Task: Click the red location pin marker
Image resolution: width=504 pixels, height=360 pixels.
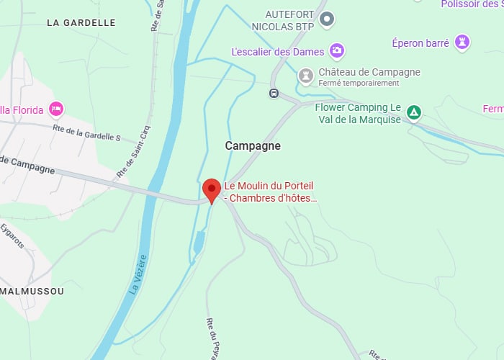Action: pyautogui.click(x=212, y=189)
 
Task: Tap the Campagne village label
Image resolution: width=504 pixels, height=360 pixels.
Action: pyautogui.click(x=253, y=145)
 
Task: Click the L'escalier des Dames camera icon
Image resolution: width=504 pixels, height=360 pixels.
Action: pyautogui.click(x=336, y=50)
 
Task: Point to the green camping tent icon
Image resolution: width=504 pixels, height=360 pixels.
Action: pyautogui.click(x=413, y=112)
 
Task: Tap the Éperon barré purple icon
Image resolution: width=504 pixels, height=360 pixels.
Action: pyautogui.click(x=463, y=42)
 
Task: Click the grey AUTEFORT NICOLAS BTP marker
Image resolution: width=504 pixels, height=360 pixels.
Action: pyautogui.click(x=326, y=19)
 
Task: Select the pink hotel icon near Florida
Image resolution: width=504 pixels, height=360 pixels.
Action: pyautogui.click(x=56, y=109)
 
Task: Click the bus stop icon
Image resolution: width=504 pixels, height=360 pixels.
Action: pyautogui.click(x=274, y=93)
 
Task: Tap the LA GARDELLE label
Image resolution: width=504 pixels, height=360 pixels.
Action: pyautogui.click(x=81, y=22)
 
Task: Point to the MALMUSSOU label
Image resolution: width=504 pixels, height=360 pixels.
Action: pyautogui.click(x=32, y=292)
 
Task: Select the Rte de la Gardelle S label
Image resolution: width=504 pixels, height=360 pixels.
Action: pyautogui.click(x=86, y=132)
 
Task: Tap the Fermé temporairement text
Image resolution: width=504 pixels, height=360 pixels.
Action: pyautogui.click(x=359, y=83)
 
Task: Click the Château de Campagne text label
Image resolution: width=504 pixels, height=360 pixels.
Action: pyautogui.click(x=369, y=72)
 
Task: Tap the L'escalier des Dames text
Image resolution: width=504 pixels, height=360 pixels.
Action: pyautogui.click(x=277, y=52)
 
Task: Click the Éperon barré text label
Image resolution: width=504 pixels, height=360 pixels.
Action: pyautogui.click(x=421, y=43)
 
